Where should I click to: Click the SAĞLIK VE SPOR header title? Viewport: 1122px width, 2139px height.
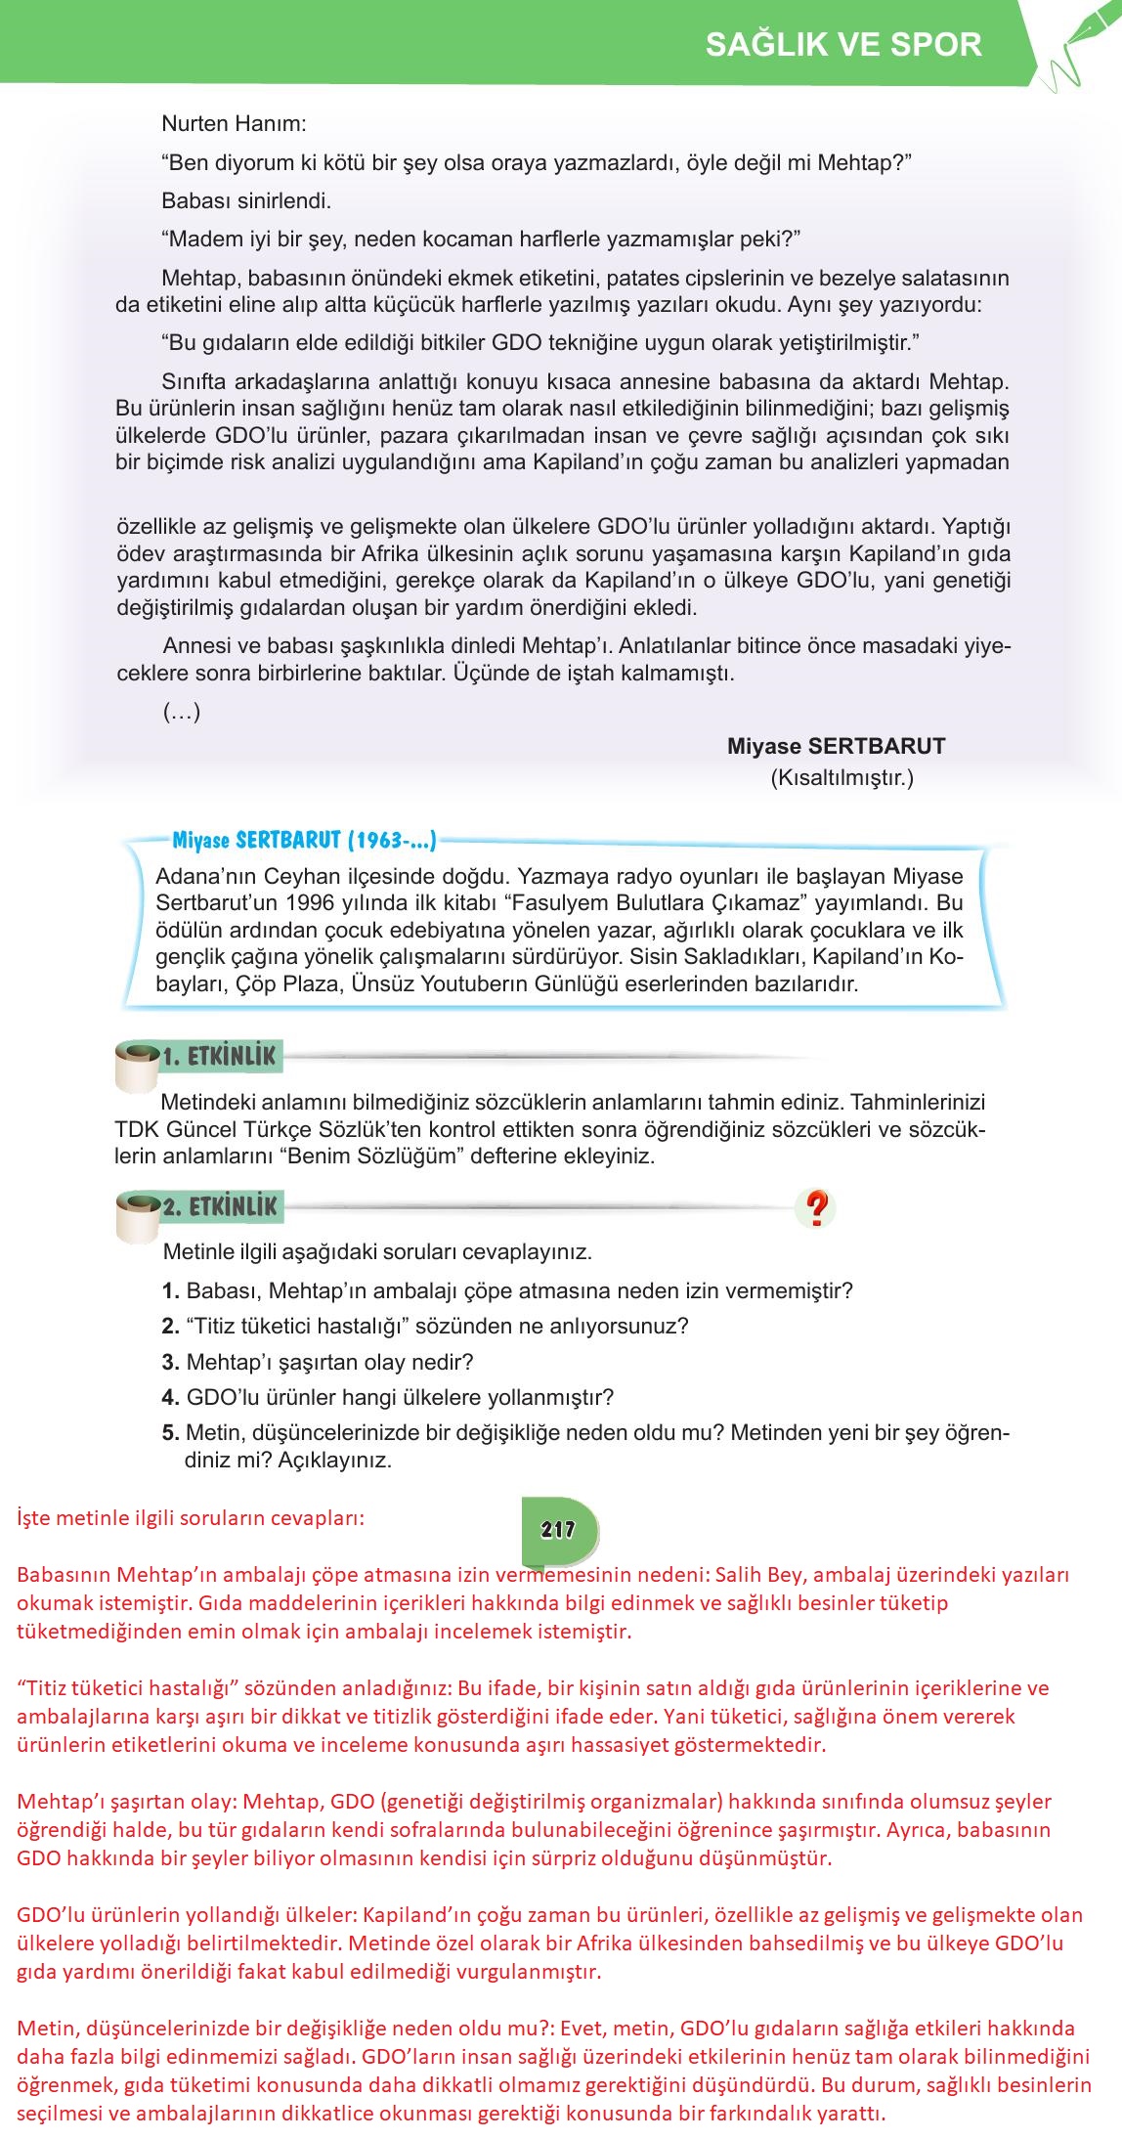[x=842, y=44]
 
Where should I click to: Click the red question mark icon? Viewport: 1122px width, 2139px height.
[x=816, y=1208]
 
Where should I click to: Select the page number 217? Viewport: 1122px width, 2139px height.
[x=558, y=1529]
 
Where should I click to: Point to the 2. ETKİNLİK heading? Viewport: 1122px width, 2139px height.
[x=220, y=1206]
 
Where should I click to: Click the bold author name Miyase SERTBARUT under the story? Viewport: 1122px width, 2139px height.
[x=836, y=746]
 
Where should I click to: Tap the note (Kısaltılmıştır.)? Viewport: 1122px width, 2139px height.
[x=841, y=778]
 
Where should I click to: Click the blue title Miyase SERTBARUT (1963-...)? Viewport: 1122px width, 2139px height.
[x=304, y=840]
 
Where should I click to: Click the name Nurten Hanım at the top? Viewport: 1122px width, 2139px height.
[x=234, y=124]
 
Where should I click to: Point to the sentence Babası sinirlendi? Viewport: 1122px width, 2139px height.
[x=246, y=201]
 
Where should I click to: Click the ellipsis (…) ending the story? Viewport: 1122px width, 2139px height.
[x=181, y=712]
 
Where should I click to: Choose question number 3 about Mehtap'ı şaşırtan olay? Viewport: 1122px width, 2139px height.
[x=318, y=1362]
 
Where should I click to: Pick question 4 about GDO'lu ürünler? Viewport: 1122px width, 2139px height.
[x=388, y=1397]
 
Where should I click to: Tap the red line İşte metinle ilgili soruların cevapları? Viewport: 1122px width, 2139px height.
[x=191, y=1519]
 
